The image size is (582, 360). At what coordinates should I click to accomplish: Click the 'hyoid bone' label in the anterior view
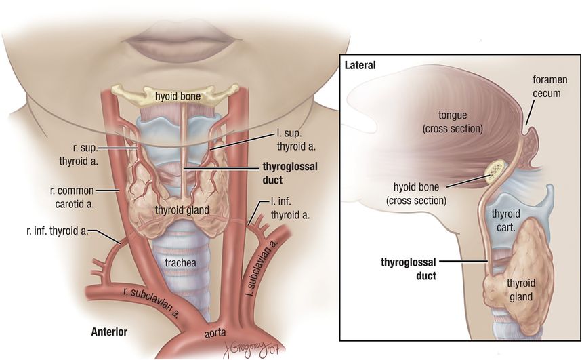177,96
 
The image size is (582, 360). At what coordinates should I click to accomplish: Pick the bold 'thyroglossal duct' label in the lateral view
400,268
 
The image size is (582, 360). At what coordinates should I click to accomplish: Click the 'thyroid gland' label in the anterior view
182,210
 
